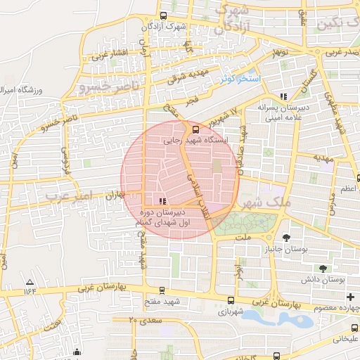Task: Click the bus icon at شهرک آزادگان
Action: pos(164,15)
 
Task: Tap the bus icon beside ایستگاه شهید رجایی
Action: pos(195,129)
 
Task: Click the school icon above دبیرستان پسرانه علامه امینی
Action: pos(284,96)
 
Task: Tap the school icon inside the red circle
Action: pos(164,200)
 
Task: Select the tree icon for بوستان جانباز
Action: pos(285,238)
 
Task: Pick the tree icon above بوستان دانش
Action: pos(323,269)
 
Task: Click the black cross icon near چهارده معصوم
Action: pos(350,297)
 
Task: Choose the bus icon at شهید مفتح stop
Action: pos(162,290)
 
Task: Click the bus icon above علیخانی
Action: pos(354,328)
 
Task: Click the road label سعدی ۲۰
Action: pos(146,320)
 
